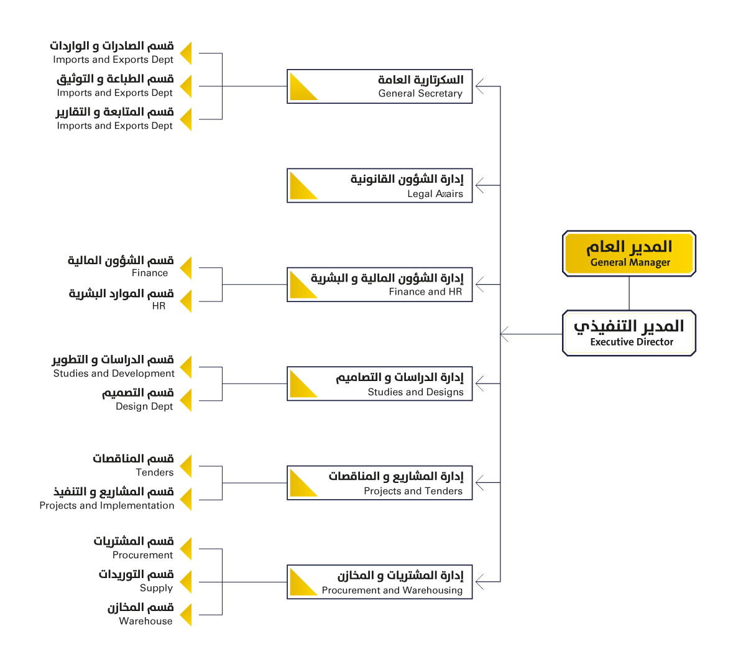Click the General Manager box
pyautogui.click(x=629, y=253)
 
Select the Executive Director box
pyautogui.click(x=629, y=333)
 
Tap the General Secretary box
pyautogui.click(x=379, y=86)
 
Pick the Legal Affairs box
pyautogui.click(x=379, y=185)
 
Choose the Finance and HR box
pyautogui.click(x=379, y=284)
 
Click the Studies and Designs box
pyautogui.click(x=379, y=384)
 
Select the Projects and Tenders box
pyautogui.click(x=379, y=482)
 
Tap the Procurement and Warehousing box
pyautogui.click(x=379, y=582)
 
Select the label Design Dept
pyautogui.click(x=144, y=406)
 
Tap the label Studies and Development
pyautogui.click(x=114, y=373)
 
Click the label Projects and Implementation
pyautogui.click(x=107, y=505)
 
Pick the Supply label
pyautogui.click(x=156, y=588)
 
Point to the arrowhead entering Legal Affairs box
pyautogui.click(x=479, y=185)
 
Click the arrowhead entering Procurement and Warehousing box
pyautogui.click(x=479, y=582)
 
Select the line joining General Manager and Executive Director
pyautogui.click(x=629, y=293)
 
